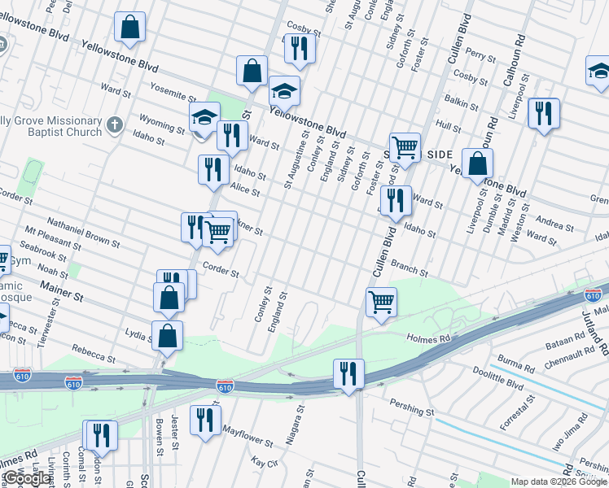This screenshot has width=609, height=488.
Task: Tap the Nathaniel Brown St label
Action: pyautogui.click(x=83, y=232)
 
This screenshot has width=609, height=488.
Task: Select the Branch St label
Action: pyautogui.click(x=410, y=268)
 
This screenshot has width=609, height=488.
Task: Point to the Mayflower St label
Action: pyautogui.click(x=248, y=435)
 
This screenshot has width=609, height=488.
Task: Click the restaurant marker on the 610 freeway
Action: pyautogui.click(x=348, y=374)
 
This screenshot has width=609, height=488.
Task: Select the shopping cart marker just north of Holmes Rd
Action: pyautogui.click(x=381, y=303)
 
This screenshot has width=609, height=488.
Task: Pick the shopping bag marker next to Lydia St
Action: pyautogui.click(x=167, y=335)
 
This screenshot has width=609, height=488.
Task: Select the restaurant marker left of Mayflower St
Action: pyautogui.click(x=205, y=420)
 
